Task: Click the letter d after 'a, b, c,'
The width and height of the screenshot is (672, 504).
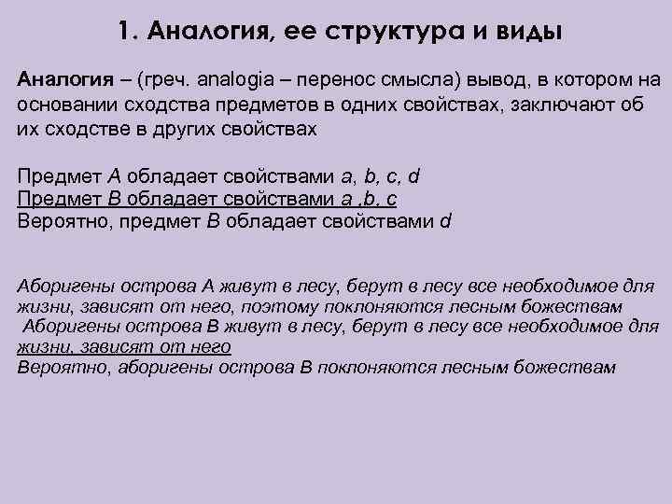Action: click(414, 176)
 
